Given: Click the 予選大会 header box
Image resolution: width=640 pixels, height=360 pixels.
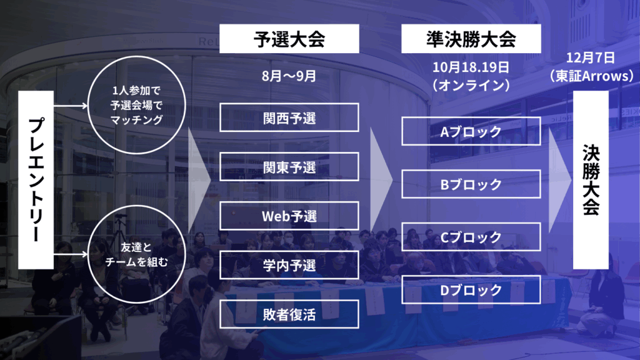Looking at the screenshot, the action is pyautogui.click(x=289, y=39).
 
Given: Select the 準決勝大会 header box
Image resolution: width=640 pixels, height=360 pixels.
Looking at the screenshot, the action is pyautogui.click(x=471, y=39).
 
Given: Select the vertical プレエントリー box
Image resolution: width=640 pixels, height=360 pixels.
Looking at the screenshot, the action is pyautogui.click(x=36, y=180).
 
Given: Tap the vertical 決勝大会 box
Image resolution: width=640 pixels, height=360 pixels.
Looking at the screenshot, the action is pyautogui.click(x=591, y=180).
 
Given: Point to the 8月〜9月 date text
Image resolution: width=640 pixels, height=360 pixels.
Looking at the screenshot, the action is pyautogui.click(x=289, y=76).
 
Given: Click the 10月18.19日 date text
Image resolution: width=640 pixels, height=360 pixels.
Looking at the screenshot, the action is pyautogui.click(x=471, y=67).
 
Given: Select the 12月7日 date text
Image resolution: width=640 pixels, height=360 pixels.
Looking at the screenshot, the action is pyautogui.click(x=590, y=57).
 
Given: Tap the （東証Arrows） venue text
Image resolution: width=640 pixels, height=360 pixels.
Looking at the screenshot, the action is pyautogui.click(x=591, y=76).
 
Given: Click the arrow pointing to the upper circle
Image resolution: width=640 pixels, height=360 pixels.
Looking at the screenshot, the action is pyautogui.click(x=71, y=106).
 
